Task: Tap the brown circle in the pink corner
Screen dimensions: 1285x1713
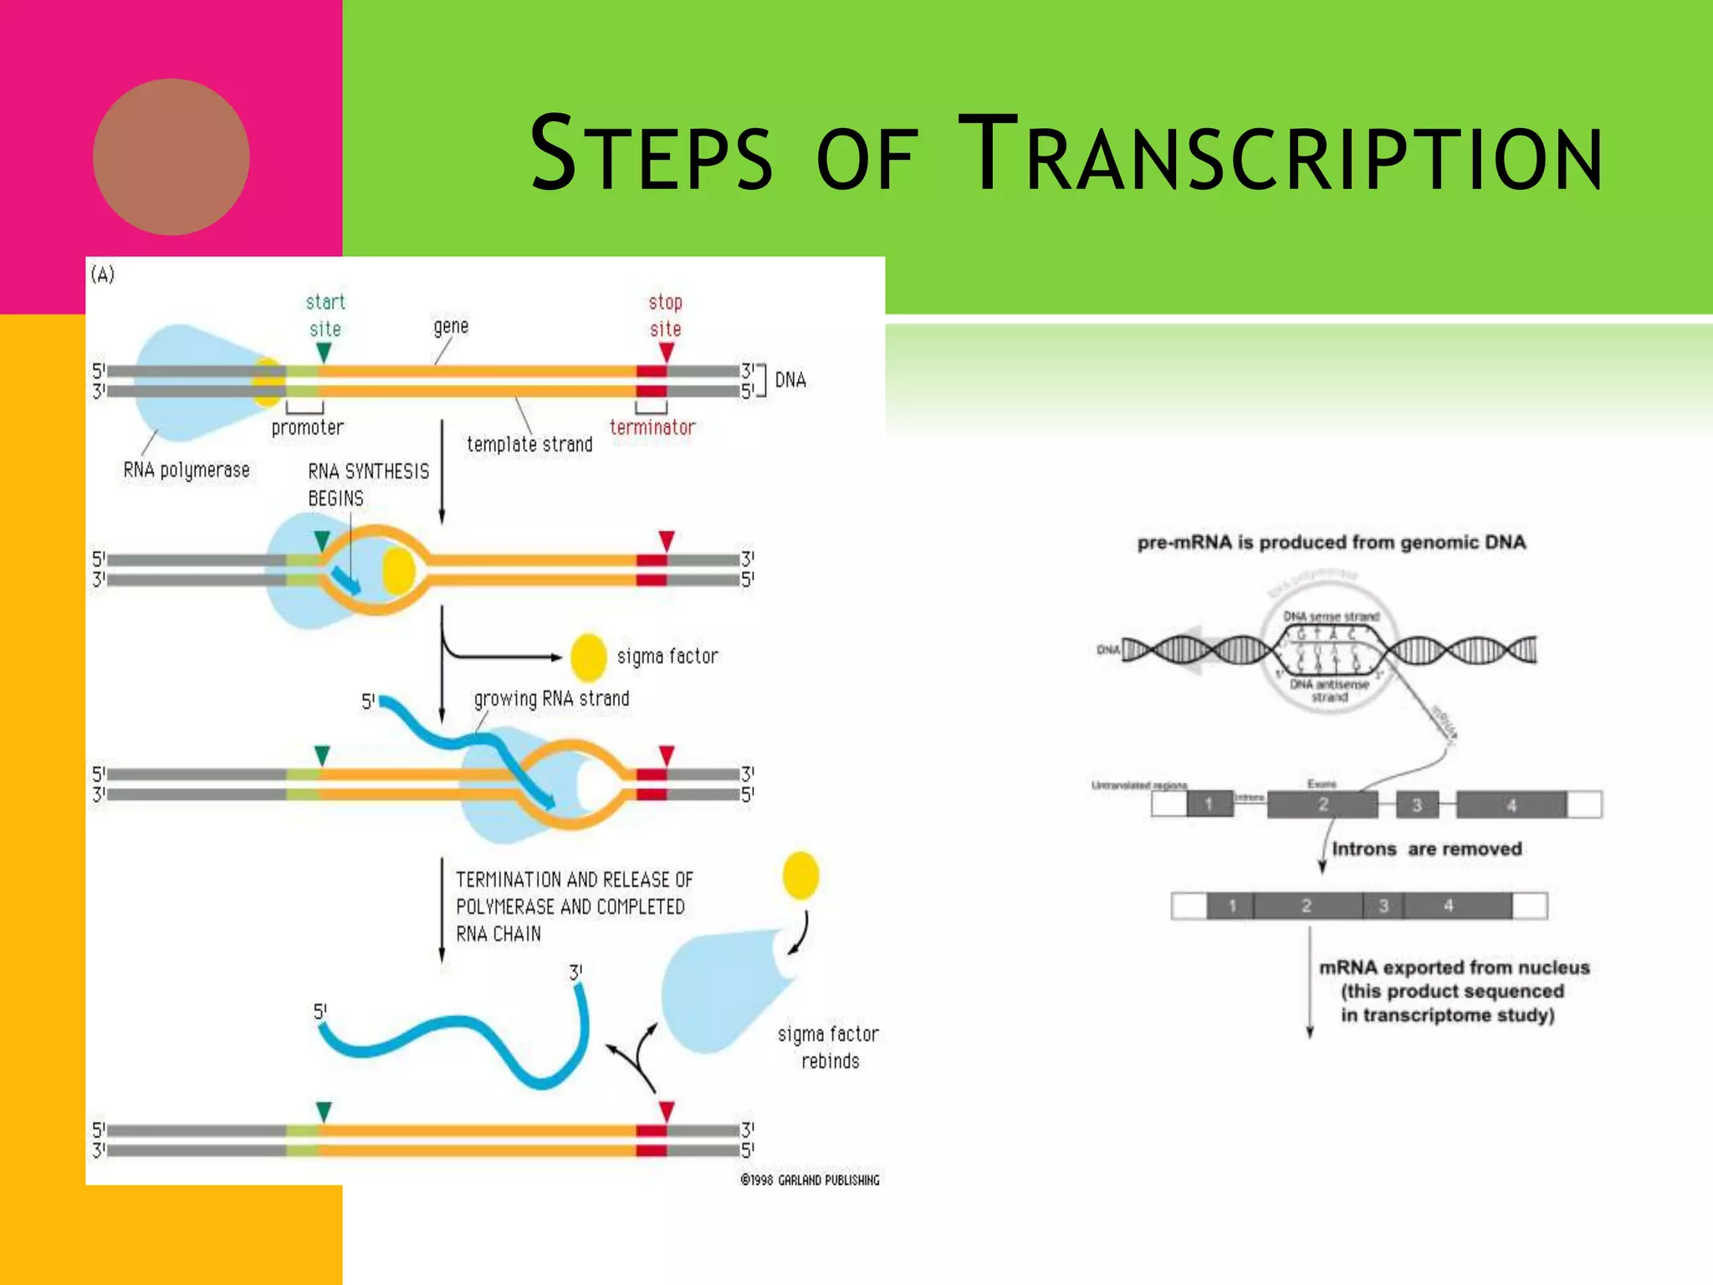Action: coord(171,156)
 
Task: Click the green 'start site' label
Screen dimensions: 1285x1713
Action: coord(325,315)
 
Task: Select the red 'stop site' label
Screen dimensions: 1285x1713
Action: coord(666,315)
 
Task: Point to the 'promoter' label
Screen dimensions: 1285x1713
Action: coord(307,427)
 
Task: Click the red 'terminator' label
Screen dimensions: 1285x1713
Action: coord(652,427)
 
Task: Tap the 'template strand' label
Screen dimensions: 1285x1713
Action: coord(529,444)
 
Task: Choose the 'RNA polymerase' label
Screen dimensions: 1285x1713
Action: coord(187,470)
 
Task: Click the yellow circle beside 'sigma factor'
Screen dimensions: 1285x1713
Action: coord(588,658)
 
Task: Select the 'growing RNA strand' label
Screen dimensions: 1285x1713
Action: coord(551,699)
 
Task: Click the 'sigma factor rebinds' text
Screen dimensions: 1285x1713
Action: coord(829,1047)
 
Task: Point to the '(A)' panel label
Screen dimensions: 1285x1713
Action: coord(103,274)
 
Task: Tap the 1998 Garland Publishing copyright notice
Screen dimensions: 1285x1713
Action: coord(810,1180)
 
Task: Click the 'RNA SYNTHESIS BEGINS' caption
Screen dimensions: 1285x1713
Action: coord(368,484)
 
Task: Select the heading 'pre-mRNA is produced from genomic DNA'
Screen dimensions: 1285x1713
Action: coord(1331,543)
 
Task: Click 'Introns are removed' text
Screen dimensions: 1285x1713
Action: coord(1426,849)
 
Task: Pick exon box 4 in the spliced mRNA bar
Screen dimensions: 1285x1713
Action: coord(1450,906)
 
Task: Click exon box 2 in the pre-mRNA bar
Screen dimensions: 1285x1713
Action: coord(1322,805)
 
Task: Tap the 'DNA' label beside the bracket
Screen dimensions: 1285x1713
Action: coord(790,381)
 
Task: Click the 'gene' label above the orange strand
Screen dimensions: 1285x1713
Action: coord(451,326)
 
